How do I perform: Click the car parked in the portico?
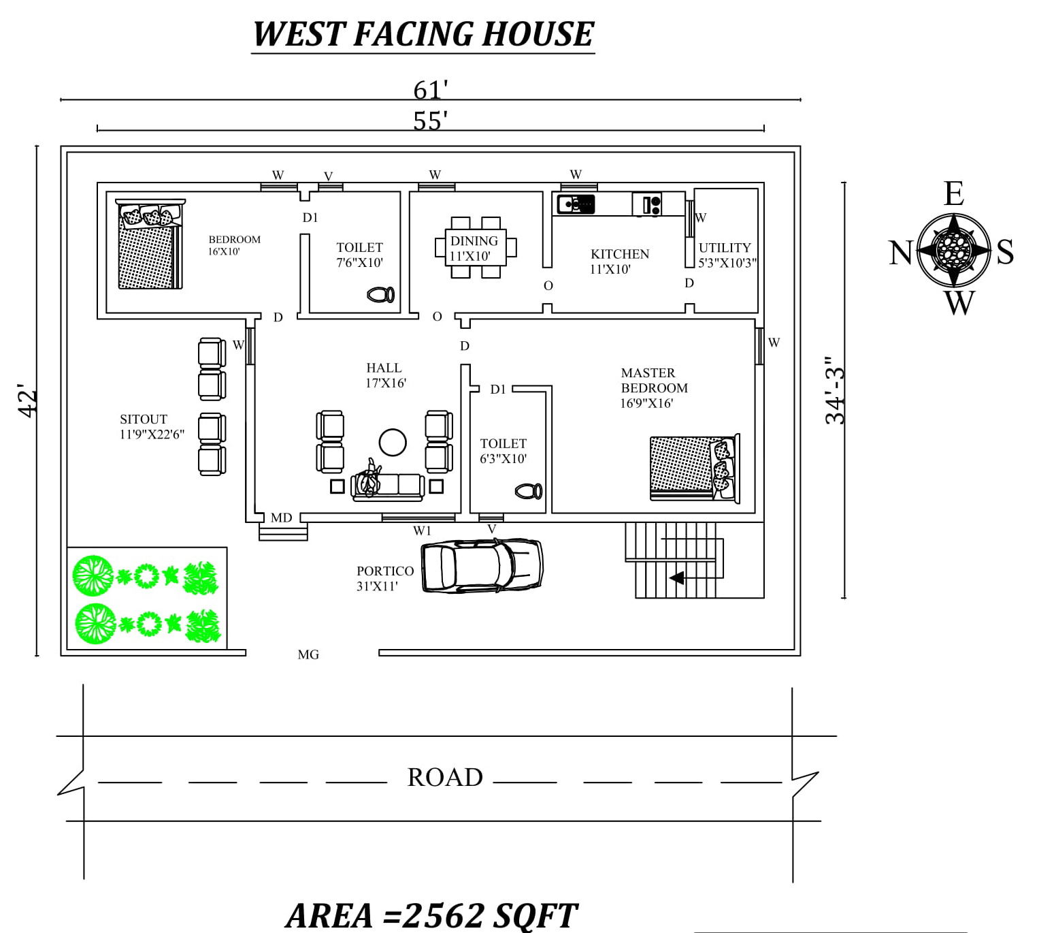[x=482, y=566]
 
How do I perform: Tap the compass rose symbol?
[x=953, y=251]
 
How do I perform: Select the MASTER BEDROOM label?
[x=654, y=381]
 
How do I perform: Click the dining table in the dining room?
[x=476, y=247]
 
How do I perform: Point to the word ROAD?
[x=445, y=778]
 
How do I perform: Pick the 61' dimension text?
[x=430, y=91]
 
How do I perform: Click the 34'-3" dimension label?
[x=834, y=390]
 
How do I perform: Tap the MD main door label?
[x=281, y=518]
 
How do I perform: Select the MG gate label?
[x=308, y=655]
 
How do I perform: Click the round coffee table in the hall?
[x=393, y=443]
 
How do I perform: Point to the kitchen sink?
[x=576, y=204]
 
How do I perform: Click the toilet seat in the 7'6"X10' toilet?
[x=380, y=295]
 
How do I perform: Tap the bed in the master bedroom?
[x=695, y=469]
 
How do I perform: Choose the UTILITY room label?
[x=725, y=248]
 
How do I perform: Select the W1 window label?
[x=422, y=531]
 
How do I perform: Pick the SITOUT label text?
[x=143, y=420]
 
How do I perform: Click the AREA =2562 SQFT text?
[x=432, y=916]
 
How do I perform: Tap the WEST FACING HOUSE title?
[x=423, y=34]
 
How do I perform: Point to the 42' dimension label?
[x=27, y=400]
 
